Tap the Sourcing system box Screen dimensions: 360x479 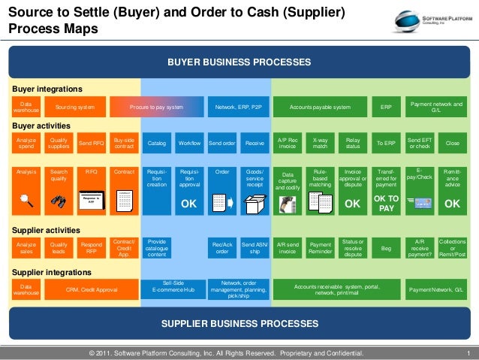tap(75, 107)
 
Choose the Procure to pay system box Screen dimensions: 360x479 tap(156, 107)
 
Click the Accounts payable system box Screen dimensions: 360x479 tap(321, 107)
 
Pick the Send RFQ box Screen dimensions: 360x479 tap(91, 143)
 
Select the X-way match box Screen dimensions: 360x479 tap(320, 143)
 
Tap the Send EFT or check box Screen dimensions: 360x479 tap(419, 143)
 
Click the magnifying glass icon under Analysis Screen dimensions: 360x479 tap(26, 200)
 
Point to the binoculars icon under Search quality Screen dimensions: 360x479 tap(59, 201)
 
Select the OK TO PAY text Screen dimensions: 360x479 tap(386, 203)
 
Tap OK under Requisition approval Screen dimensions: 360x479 tap(189, 204)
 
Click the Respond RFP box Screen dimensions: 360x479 tap(91, 247)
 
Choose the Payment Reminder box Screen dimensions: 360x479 tap(320, 247)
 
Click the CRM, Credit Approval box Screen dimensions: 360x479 tap(92, 289)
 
